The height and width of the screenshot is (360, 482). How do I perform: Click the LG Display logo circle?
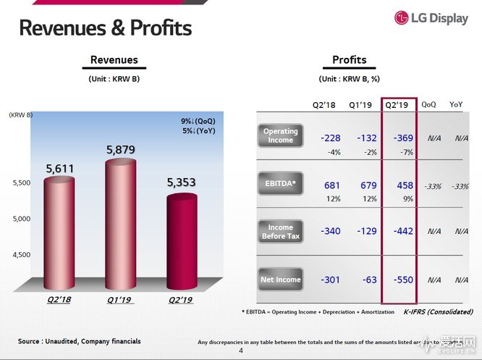[403, 18]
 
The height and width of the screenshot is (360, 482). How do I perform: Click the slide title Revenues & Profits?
[105, 28]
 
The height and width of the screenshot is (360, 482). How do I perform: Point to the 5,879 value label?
[121, 150]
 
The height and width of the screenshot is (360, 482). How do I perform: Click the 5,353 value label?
[182, 183]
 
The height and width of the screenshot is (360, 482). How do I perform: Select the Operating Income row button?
[280, 135]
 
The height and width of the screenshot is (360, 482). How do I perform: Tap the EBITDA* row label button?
[280, 184]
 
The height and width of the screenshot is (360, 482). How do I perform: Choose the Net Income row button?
[280, 280]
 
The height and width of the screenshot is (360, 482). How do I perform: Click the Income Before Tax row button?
[280, 232]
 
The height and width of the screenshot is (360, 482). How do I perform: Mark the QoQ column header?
[428, 104]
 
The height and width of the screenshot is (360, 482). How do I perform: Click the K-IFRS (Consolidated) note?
[438, 312]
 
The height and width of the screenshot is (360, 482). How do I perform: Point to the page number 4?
[241, 351]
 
